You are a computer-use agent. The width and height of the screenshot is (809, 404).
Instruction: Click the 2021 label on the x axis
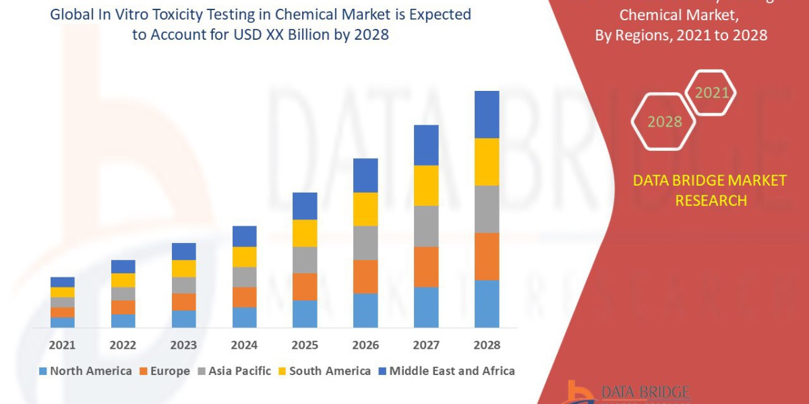tap(62, 345)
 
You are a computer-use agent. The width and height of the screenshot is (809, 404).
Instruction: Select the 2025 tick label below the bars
tap(305, 345)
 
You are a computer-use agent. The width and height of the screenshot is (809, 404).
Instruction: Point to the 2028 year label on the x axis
tap(487, 345)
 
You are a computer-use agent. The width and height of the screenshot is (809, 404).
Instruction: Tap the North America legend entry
tap(86, 371)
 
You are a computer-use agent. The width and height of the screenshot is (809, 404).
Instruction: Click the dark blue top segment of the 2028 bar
tap(487, 114)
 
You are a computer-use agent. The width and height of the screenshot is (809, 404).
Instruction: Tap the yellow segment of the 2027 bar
tap(426, 185)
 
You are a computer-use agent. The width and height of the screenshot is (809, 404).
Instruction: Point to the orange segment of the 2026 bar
tap(365, 276)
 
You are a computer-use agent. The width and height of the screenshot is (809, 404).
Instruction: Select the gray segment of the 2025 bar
tap(305, 259)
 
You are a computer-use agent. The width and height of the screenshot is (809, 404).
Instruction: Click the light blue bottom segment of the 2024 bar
tap(244, 317)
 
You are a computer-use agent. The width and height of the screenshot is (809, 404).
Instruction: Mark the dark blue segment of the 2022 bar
tap(123, 267)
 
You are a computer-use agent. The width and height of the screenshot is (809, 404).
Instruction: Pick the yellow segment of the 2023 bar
tap(183, 268)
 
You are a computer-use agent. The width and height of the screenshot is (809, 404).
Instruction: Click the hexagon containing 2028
tap(663, 121)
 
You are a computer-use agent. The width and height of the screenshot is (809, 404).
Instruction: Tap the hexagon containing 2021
tap(712, 93)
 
